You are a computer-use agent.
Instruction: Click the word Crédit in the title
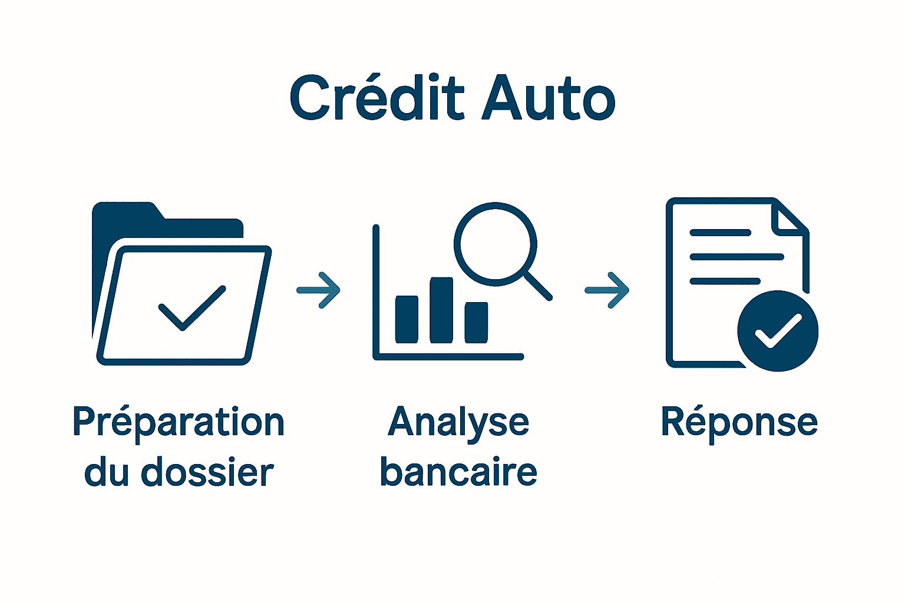[x=377, y=98]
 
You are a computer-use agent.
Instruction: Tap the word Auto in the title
[x=549, y=98]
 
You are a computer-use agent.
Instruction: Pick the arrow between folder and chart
[x=319, y=290]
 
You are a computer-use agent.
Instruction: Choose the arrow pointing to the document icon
[x=607, y=290]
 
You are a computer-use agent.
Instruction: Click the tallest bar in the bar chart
[x=441, y=310]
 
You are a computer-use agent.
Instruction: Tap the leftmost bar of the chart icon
[x=407, y=319]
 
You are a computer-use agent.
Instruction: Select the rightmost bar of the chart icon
[x=476, y=322]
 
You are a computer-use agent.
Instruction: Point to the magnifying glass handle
[x=537, y=286]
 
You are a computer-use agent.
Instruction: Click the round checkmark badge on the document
[x=778, y=331]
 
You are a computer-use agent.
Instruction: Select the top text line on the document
[x=720, y=233]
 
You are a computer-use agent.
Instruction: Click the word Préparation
[x=179, y=423]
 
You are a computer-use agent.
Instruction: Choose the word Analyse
[x=458, y=423]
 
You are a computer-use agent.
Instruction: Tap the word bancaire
[x=458, y=473]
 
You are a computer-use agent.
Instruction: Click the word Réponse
[x=739, y=422]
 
